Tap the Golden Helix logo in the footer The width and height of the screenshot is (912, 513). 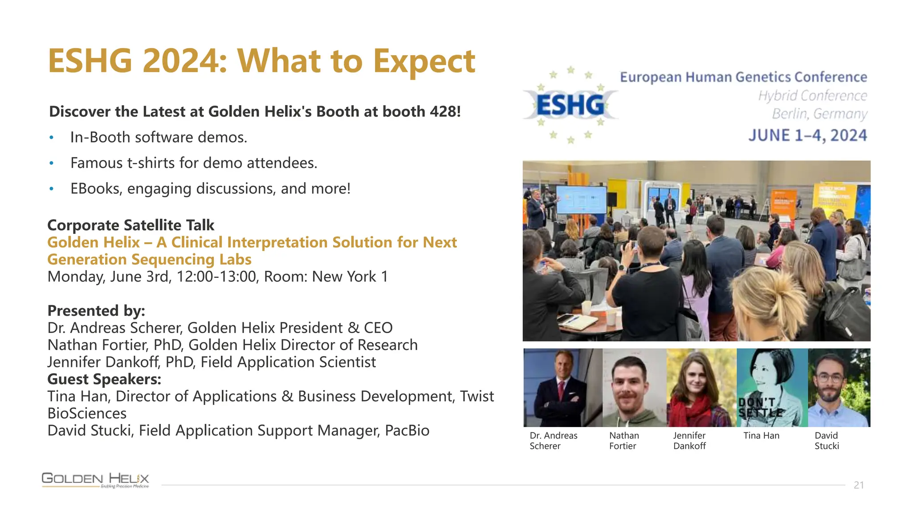(95, 480)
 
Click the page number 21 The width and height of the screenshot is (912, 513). (859, 485)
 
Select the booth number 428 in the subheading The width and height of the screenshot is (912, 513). (442, 111)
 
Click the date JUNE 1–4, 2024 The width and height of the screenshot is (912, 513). (807, 135)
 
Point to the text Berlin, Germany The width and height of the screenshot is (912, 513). (819, 114)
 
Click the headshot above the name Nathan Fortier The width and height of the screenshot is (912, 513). (634, 387)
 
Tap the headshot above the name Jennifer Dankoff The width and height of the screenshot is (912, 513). (701, 387)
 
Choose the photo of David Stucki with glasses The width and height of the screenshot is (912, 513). (839, 387)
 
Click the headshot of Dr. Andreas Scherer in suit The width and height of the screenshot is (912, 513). (562, 387)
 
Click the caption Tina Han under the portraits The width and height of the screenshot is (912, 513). (761, 436)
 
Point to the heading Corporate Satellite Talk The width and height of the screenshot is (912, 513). (131, 225)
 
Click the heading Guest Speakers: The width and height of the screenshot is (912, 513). (104, 379)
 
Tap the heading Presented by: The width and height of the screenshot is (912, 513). (96, 310)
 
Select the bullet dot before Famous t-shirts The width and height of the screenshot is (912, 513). (52, 163)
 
